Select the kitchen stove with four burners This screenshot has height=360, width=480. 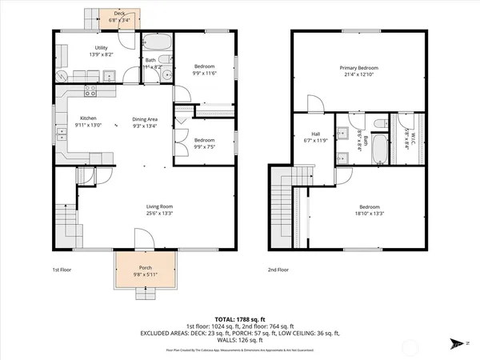pyautogui.click(x=90, y=90)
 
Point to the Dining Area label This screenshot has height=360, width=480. pyautogui.click(x=145, y=119)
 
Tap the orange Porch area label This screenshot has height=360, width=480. pyautogui.click(x=146, y=267)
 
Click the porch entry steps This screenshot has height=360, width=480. pyautogui.click(x=146, y=292)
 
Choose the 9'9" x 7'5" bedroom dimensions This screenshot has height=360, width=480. pyautogui.click(x=205, y=146)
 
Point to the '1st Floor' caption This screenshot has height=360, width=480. pyautogui.click(x=61, y=270)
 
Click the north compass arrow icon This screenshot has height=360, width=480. pyautogui.click(x=457, y=345)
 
